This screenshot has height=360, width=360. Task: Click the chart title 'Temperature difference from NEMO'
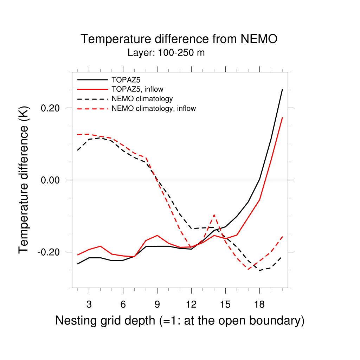pyautogui.click(x=179, y=39)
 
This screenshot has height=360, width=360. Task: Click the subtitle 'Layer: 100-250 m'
pyautogui.click(x=166, y=53)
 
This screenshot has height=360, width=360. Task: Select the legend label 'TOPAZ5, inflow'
pyautogui.click(x=137, y=89)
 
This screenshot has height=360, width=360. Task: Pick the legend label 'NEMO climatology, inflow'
pyautogui.click(x=153, y=108)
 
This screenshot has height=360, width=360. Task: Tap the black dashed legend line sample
pyautogui.click(x=92, y=99)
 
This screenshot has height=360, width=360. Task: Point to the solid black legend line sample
pyautogui.click(x=92, y=79)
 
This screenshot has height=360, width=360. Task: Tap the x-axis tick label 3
pyautogui.click(x=89, y=304)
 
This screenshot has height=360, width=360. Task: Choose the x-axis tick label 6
pyautogui.click(x=123, y=304)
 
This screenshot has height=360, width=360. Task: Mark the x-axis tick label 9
pyautogui.click(x=157, y=304)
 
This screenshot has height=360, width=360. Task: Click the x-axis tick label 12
pyautogui.click(x=191, y=304)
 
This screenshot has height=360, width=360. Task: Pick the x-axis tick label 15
pyautogui.click(x=225, y=304)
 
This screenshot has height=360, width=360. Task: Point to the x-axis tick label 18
pyautogui.click(x=259, y=304)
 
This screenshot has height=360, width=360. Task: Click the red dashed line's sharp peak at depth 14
pyautogui.click(x=214, y=214)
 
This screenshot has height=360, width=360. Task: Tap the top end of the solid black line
pyautogui.click(x=282, y=90)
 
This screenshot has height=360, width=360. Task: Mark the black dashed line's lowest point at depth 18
pyautogui.click(x=259, y=270)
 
